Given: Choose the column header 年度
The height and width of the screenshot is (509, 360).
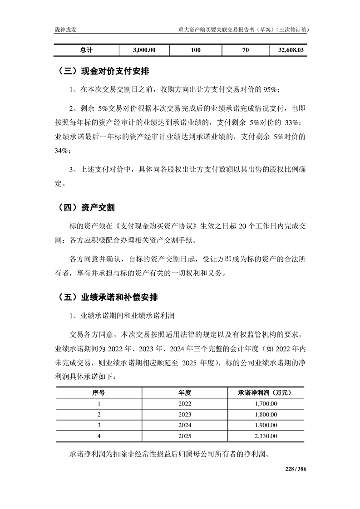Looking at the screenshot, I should tap(185, 392).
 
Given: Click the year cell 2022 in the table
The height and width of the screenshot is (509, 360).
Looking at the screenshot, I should tap(185, 403).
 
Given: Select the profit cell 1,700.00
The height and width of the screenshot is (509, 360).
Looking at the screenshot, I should tap(264, 403).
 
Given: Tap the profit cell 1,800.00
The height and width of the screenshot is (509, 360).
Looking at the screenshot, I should tap(264, 414).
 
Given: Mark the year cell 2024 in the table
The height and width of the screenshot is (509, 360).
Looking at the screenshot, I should tap(185, 425).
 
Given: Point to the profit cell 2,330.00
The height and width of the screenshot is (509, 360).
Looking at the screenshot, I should tap(264, 436).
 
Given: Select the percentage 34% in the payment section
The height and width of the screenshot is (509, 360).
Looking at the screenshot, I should tap(62, 150).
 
